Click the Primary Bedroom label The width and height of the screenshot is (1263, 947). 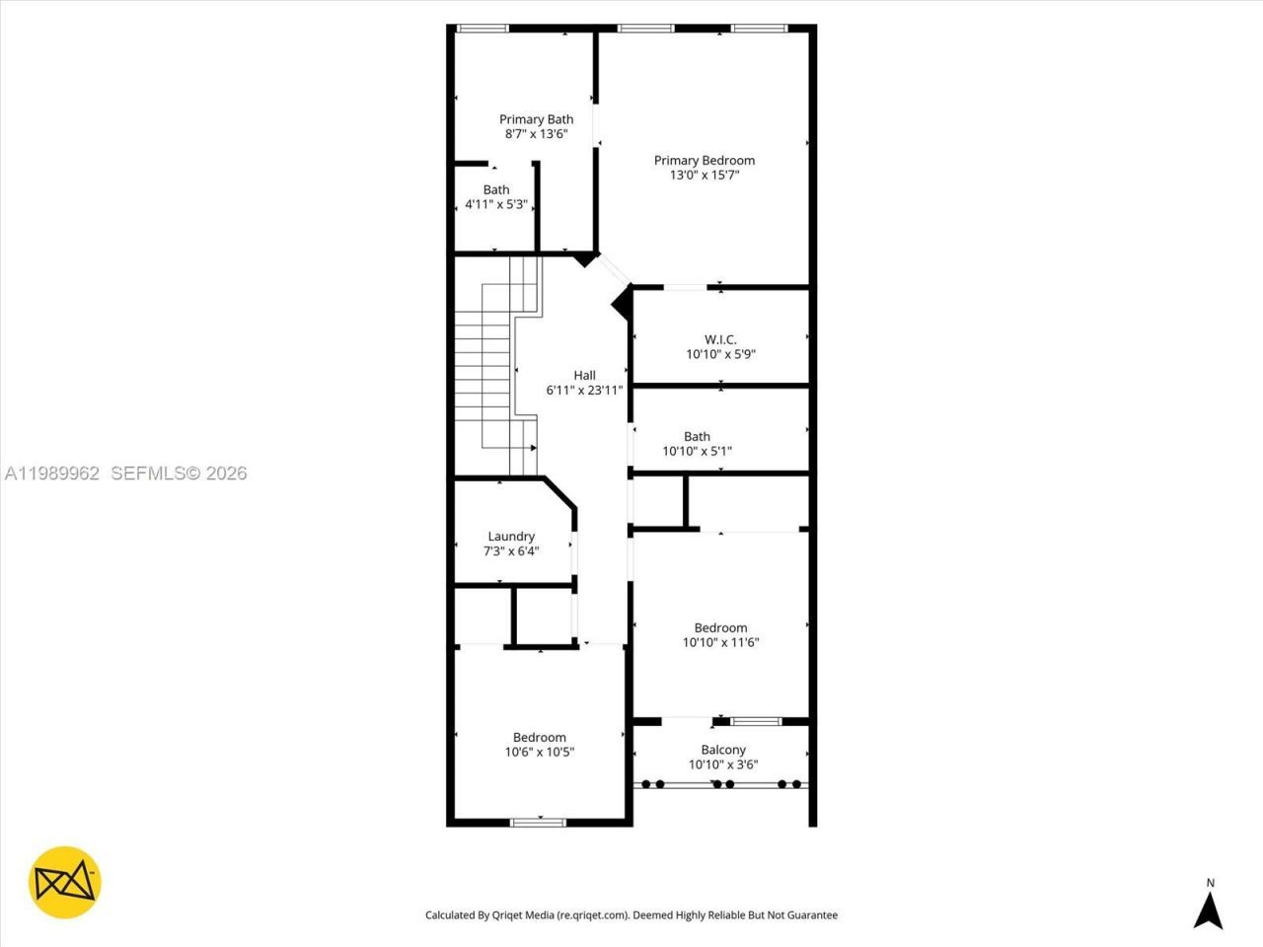(x=704, y=160)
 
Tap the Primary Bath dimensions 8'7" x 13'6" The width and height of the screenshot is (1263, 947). (x=536, y=134)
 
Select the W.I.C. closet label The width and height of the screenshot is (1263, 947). (x=720, y=339)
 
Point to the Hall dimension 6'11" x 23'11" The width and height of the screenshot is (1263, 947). (x=584, y=390)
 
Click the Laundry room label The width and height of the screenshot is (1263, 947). (x=511, y=537)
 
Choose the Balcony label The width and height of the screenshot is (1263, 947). (x=723, y=750)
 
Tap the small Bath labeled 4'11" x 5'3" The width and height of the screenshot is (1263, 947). (x=496, y=197)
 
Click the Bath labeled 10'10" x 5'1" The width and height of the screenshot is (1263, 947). (x=697, y=444)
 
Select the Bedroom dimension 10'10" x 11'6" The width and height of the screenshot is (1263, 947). (x=720, y=642)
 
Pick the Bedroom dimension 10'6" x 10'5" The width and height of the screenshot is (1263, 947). (x=539, y=752)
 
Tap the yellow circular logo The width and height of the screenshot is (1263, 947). (x=65, y=882)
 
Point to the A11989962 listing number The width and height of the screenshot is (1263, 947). (x=52, y=473)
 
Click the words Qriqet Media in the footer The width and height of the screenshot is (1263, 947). (x=523, y=915)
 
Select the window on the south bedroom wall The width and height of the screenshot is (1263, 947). (x=539, y=821)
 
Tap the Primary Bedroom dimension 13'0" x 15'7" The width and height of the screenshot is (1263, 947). (x=704, y=175)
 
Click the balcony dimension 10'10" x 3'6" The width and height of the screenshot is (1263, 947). (x=723, y=765)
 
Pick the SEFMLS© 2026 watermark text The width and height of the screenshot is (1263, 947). (x=179, y=473)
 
